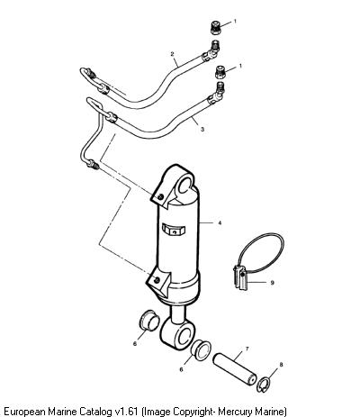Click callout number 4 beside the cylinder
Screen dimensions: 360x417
tap(220, 222)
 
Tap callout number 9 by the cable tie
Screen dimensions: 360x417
tap(272, 283)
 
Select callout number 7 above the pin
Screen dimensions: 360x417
tap(247, 349)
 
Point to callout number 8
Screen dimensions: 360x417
tap(281, 365)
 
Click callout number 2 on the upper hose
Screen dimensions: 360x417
tap(172, 54)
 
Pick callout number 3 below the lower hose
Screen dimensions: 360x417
tap(202, 129)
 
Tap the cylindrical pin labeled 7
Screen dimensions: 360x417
tap(235, 369)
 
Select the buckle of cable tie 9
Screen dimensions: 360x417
tap(241, 277)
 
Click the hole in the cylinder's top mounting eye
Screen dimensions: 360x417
tap(185, 186)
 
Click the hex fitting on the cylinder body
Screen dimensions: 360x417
tap(174, 230)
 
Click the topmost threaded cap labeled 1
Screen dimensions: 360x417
tap(215, 27)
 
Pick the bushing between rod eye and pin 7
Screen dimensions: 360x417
tap(201, 349)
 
